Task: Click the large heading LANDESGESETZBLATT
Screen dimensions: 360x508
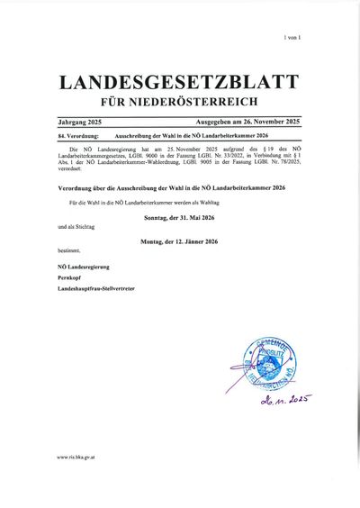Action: point(179,82)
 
